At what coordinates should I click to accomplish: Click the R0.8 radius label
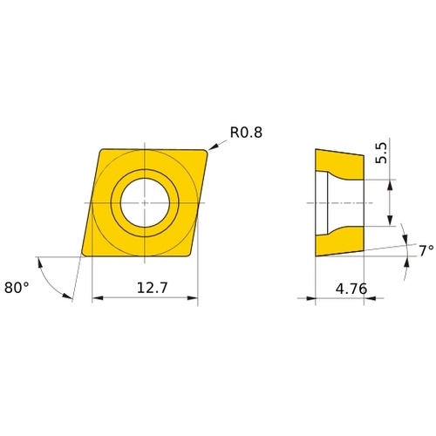coord(246,133)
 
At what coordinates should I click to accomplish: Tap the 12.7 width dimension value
coord(153,288)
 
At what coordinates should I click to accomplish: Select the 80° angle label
coord(17,288)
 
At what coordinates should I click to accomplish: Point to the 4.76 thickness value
coord(351,289)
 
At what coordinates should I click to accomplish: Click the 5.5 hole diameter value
coord(381,153)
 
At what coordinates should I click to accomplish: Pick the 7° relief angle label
coord(426,250)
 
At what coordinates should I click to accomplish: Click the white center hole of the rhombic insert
coord(145,202)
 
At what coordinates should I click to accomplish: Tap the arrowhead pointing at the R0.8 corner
coord(213,147)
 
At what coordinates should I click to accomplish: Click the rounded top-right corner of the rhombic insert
coord(205,152)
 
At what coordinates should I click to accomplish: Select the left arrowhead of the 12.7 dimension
coord(98,298)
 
